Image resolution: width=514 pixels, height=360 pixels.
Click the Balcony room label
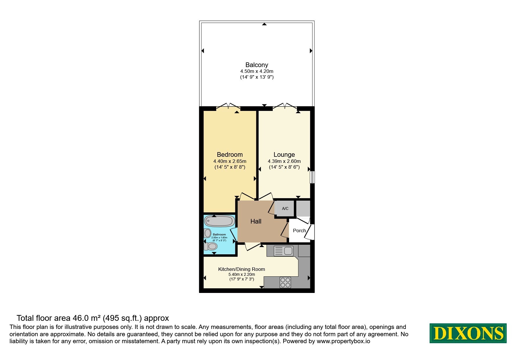click(257, 65)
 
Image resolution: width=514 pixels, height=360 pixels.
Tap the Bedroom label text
click(230, 155)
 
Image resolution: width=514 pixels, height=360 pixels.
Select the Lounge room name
click(284, 155)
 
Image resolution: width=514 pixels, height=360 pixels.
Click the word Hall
click(256, 222)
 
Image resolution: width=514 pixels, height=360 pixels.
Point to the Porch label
click(299, 231)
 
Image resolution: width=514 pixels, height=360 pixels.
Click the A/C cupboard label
click(285, 208)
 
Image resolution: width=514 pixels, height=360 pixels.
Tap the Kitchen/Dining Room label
click(241, 269)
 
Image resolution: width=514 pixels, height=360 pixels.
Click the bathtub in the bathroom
click(219, 221)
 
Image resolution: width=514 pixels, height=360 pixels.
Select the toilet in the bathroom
click(211, 246)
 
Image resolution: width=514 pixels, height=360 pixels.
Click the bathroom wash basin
click(208, 233)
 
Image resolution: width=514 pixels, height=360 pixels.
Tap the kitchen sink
click(283, 251)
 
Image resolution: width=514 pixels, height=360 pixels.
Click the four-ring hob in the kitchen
click(285, 282)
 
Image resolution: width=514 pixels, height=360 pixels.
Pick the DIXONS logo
click(468, 333)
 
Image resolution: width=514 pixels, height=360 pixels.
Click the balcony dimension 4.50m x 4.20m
click(257, 71)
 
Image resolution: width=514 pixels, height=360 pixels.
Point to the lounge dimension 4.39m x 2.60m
click(284, 161)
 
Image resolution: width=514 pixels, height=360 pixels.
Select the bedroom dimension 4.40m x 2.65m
click(230, 161)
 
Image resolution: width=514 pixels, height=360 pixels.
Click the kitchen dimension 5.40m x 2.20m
click(241, 274)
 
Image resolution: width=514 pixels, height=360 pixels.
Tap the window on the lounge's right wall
click(312, 177)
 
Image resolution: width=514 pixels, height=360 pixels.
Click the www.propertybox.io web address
click(343, 341)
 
